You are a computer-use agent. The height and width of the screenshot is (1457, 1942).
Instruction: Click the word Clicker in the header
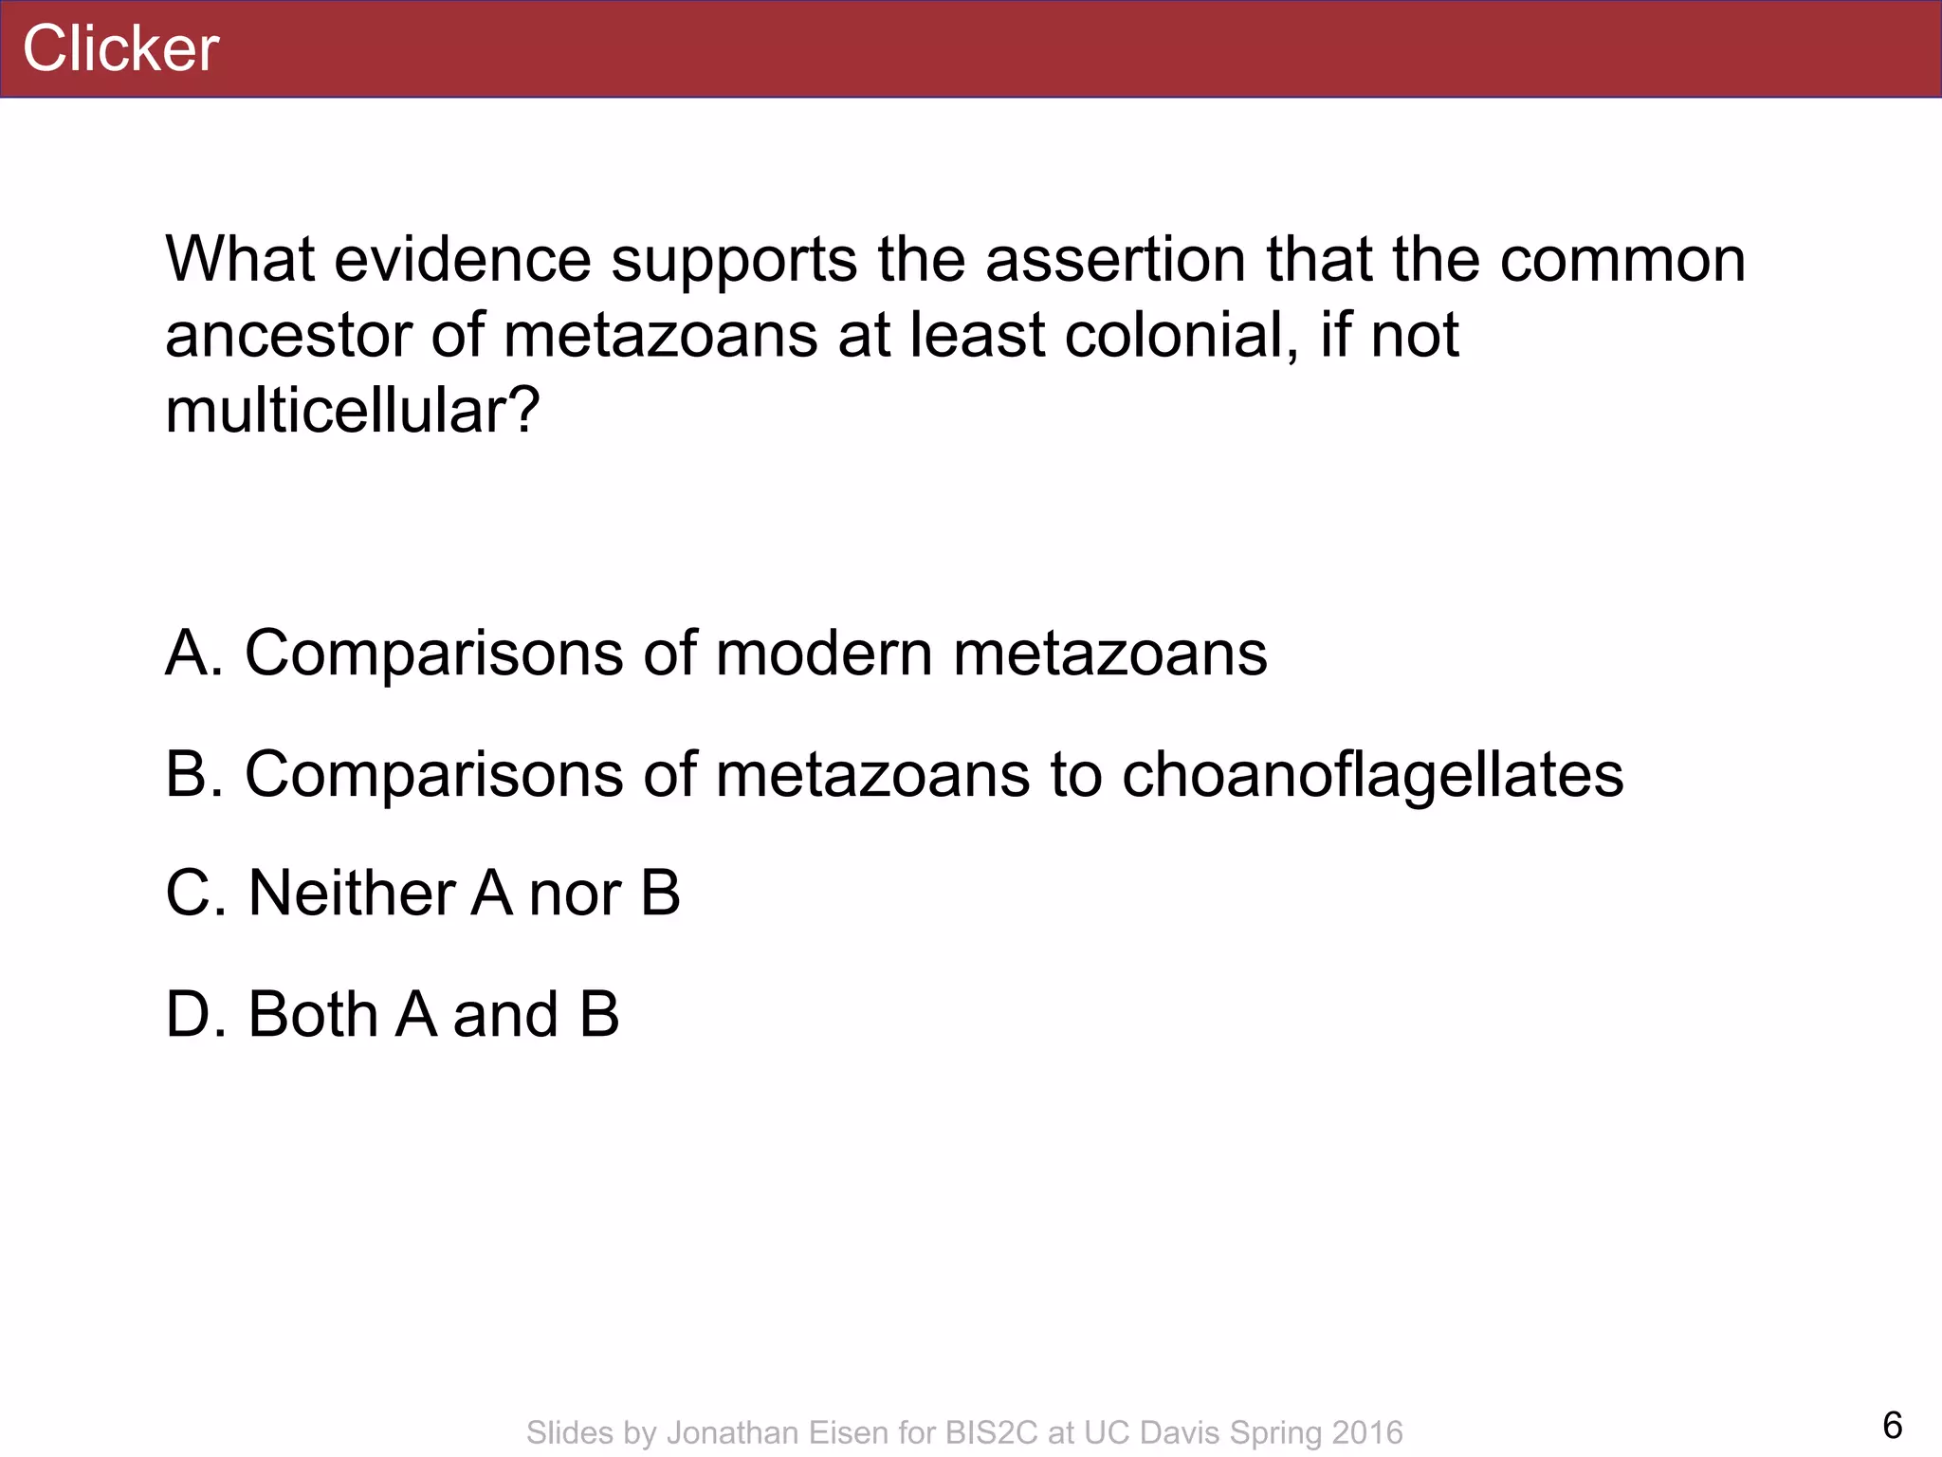pyautogui.click(x=120, y=48)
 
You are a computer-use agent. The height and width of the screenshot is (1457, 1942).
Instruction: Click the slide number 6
pyautogui.click(x=1892, y=1426)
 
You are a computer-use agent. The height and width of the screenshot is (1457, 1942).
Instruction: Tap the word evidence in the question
pyautogui.click(x=463, y=260)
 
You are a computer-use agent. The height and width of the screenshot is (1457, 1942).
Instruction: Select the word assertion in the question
pyautogui.click(x=1115, y=260)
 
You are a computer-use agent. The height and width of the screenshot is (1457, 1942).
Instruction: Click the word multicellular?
pyautogui.click(x=352, y=412)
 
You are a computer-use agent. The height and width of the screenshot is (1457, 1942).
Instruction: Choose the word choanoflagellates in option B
pyautogui.click(x=1372, y=775)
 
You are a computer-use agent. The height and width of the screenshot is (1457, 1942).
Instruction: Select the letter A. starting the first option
pyautogui.click(x=194, y=654)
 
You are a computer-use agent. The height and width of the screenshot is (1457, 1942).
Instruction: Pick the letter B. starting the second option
pyautogui.click(x=194, y=775)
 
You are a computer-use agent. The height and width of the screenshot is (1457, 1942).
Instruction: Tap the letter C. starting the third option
pyautogui.click(x=195, y=894)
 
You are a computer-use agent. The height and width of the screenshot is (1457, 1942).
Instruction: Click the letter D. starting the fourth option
pyautogui.click(x=195, y=1015)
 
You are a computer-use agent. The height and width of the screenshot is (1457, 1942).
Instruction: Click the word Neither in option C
pyautogui.click(x=350, y=894)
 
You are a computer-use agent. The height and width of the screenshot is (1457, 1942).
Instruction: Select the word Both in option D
pyautogui.click(x=313, y=1015)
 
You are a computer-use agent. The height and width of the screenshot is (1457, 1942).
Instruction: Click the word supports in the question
pyautogui.click(x=733, y=260)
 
